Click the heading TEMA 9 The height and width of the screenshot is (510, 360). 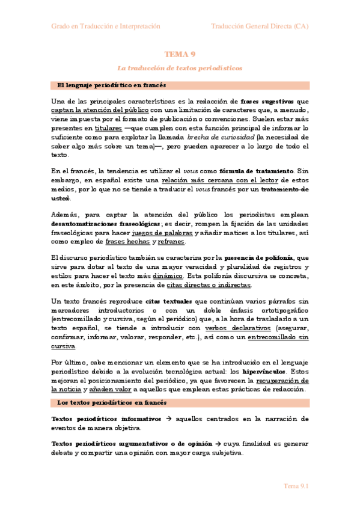tap(180, 54)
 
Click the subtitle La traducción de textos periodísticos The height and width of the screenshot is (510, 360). tap(180, 69)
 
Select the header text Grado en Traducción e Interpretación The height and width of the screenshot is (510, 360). tap(106, 26)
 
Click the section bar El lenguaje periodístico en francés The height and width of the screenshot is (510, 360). tap(111, 85)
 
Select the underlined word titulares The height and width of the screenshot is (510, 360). tap(108, 128)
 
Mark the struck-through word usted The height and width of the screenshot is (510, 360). tap(61, 198)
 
